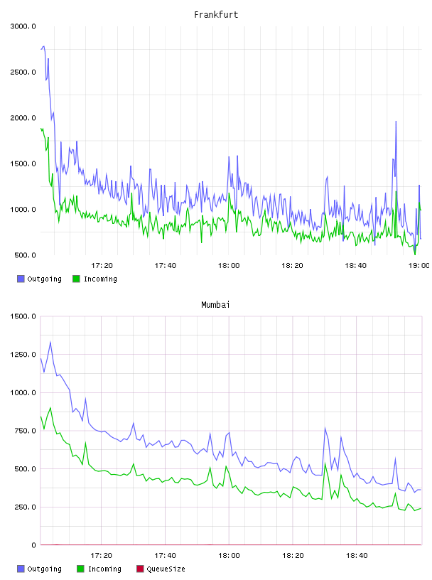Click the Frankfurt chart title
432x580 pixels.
point(216,15)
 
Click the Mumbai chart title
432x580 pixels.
point(215,305)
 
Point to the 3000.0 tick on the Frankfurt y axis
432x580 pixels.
point(23,26)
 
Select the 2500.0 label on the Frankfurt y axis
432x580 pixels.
point(23,72)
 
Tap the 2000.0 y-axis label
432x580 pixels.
point(23,118)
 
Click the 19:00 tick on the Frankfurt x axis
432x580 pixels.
point(418,266)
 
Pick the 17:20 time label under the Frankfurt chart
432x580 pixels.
point(102,266)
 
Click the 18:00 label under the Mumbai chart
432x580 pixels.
point(229,556)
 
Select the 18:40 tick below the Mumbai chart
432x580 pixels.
point(357,556)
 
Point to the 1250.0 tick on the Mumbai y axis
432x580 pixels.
point(23,355)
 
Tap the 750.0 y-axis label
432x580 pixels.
point(25,431)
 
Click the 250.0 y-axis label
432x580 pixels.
point(25,507)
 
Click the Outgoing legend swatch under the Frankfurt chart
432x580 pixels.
point(21,279)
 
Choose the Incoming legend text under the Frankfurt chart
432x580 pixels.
point(100,279)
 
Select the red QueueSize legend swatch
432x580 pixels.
point(140,569)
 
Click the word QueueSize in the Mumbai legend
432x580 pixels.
point(166,569)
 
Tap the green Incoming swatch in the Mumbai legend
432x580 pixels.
point(80,569)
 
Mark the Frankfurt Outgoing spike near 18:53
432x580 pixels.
point(396,122)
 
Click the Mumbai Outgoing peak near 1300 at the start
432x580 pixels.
point(50,342)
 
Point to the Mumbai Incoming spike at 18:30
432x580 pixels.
point(325,463)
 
